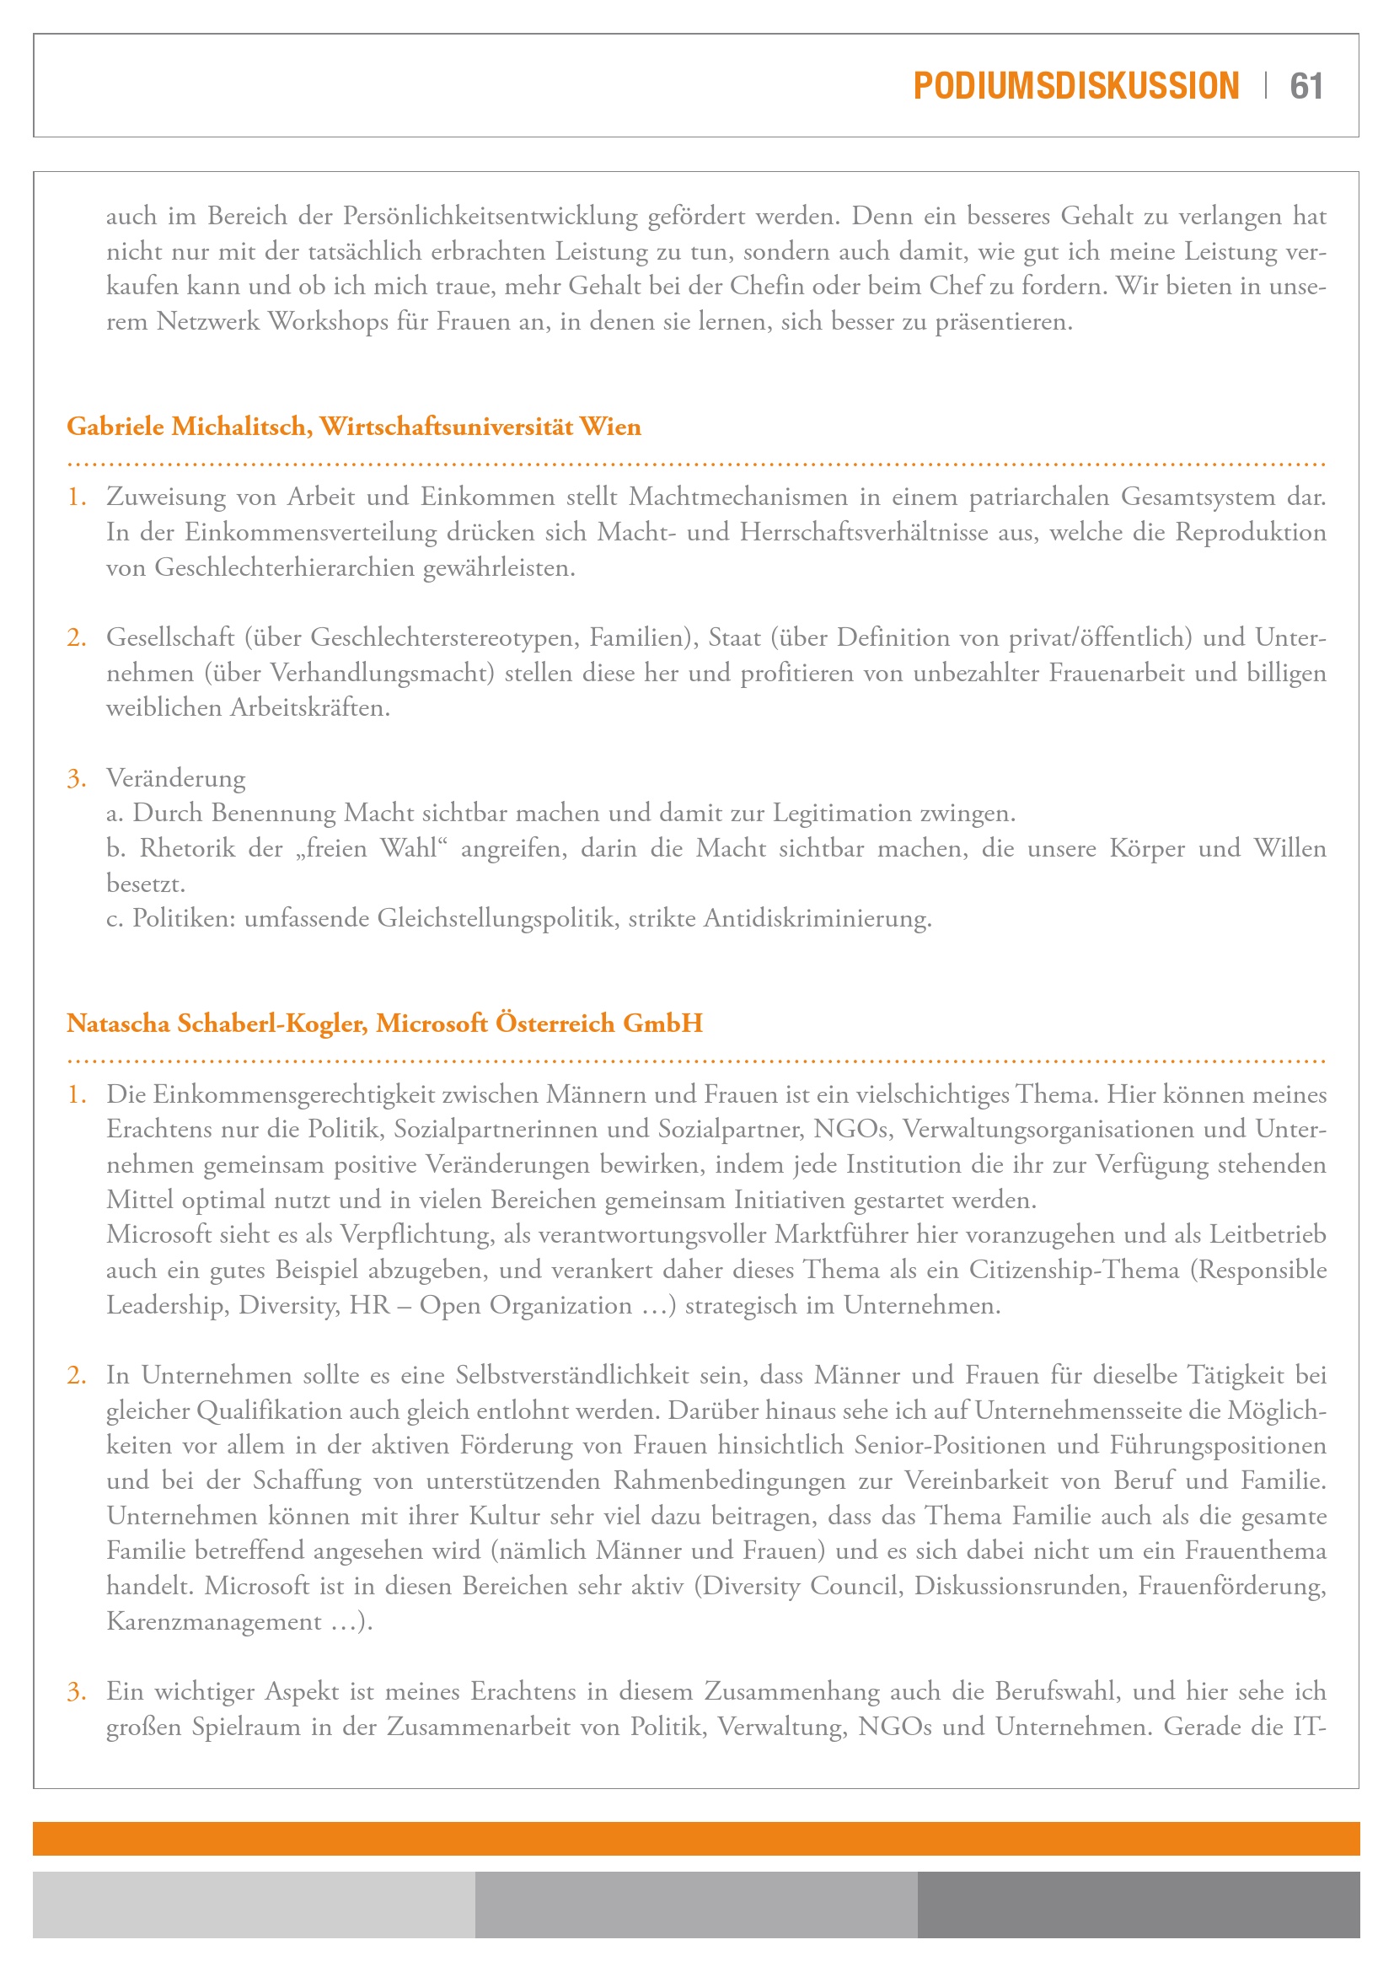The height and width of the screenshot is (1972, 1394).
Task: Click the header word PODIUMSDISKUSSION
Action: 1075,86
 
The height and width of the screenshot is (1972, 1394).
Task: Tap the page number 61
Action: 1306,86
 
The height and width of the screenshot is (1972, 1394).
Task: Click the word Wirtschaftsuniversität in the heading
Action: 447,426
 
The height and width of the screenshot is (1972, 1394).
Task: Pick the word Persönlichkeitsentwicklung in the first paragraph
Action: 491,216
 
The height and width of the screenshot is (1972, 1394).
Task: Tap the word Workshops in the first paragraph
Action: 327,321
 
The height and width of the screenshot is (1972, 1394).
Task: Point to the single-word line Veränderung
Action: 176,778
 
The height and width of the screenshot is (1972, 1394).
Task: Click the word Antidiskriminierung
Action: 818,919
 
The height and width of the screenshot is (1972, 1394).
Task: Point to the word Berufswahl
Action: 1057,1691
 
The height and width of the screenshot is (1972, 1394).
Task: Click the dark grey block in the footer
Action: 1138,1905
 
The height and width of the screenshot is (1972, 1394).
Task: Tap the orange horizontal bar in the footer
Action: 696,1838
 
